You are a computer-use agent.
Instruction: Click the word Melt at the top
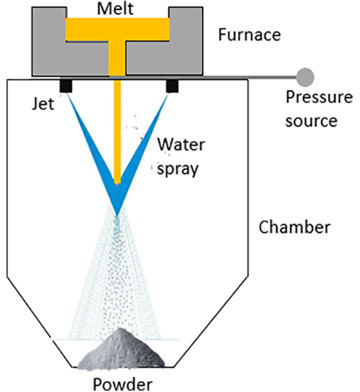[x=117, y=9]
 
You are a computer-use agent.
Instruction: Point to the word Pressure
[x=311, y=97]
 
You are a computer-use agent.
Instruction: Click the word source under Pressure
[x=311, y=119]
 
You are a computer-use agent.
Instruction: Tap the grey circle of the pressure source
[x=305, y=75]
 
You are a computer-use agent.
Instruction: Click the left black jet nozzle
[x=65, y=86]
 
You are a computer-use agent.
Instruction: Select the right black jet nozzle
[x=172, y=86]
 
